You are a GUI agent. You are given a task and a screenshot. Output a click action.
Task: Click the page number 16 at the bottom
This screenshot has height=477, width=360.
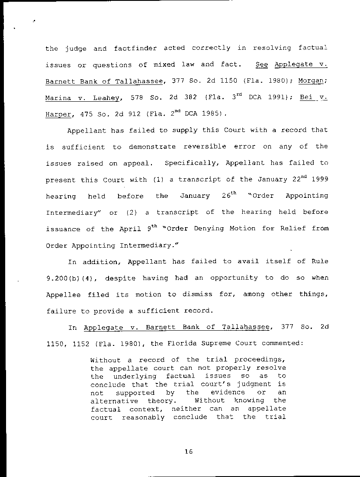(188, 451)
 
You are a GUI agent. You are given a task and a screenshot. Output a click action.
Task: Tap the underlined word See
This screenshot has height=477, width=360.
(262, 64)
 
